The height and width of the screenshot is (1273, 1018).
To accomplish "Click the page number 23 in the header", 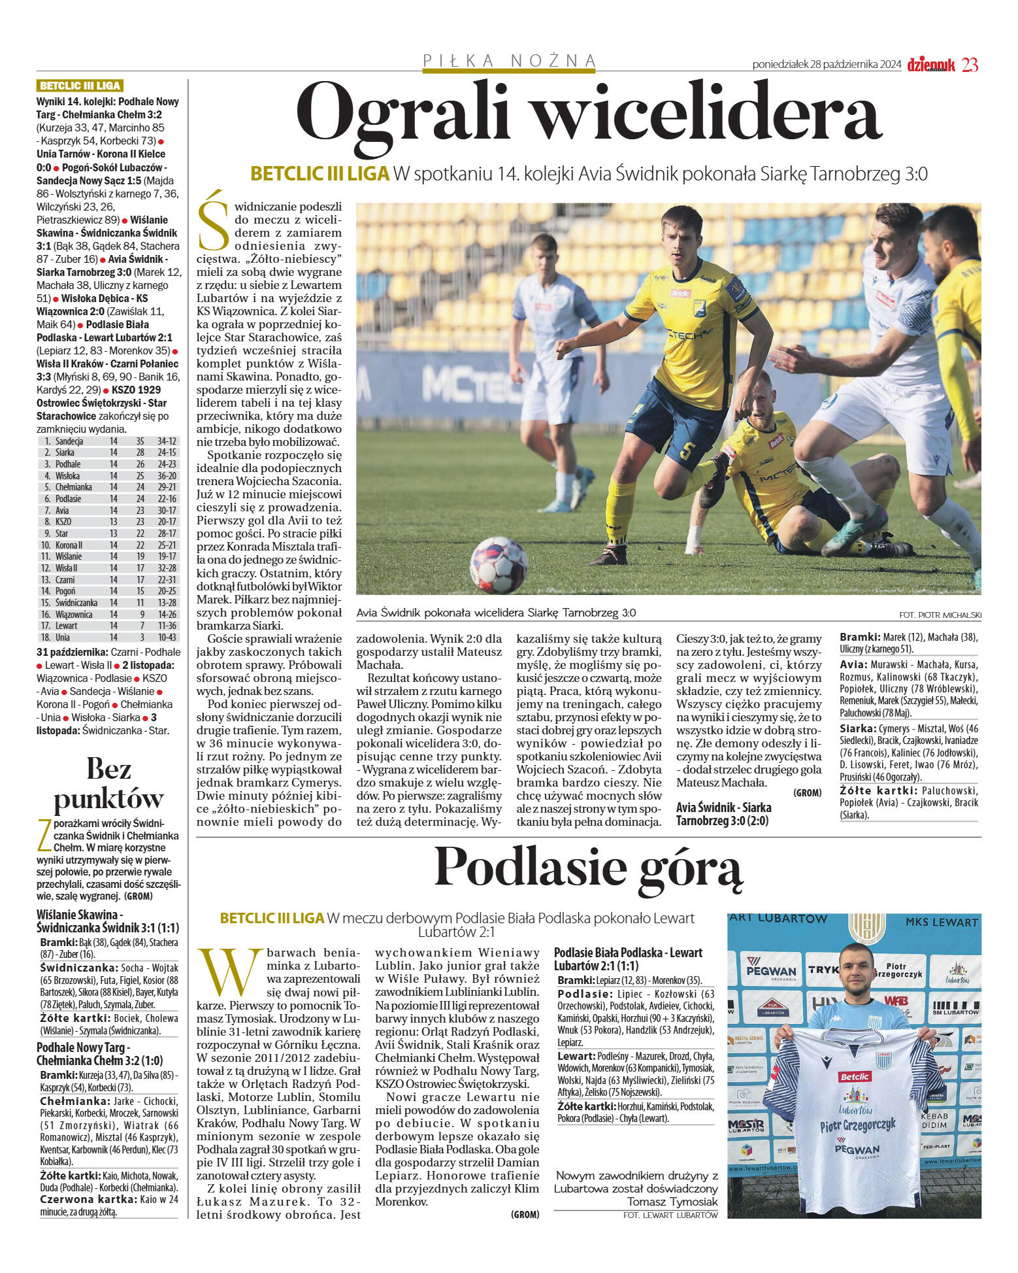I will pos(970,65).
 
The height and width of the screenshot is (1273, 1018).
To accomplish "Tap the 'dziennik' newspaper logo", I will pos(930,65).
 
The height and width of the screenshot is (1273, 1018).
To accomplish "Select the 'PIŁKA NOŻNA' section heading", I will pos(510,61).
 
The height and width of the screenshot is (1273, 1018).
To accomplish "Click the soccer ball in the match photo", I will pos(499,564).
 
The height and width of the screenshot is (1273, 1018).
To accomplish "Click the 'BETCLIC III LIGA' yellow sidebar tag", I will pos(80,86).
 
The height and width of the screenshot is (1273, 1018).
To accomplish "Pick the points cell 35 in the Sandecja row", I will pos(140,441).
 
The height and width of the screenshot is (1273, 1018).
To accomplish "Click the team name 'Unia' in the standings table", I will pos(63,637).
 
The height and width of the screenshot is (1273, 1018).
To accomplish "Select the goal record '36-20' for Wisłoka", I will pos(167,476).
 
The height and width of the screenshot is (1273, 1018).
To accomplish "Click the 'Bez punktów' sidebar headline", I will pos(108,784).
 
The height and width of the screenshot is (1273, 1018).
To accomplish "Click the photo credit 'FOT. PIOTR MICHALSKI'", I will pos(940,615).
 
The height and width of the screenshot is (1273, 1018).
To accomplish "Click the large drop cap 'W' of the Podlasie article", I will pos(229,972).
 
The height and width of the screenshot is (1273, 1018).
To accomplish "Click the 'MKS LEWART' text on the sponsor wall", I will pos(942,923).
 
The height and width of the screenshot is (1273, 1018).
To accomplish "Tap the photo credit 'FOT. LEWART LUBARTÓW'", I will pos(670,1215).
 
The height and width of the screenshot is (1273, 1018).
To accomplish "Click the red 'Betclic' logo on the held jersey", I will pos(855,1076).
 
